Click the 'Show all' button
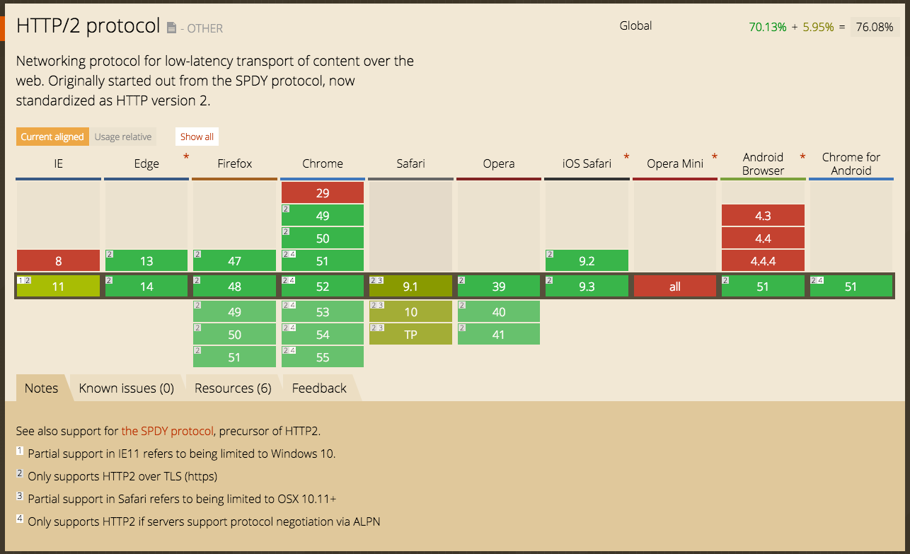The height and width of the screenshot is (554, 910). (x=197, y=137)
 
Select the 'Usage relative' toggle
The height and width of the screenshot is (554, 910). (x=123, y=137)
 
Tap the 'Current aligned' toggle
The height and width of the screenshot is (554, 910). (x=52, y=137)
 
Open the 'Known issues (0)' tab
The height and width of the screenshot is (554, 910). (x=126, y=388)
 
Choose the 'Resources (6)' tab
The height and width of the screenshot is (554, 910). (x=233, y=388)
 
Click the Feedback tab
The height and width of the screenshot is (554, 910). (x=319, y=388)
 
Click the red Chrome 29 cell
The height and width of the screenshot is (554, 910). (x=323, y=193)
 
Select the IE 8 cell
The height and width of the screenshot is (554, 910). (x=58, y=261)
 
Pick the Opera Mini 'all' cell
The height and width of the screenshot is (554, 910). (x=674, y=287)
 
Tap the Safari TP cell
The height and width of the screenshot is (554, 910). (x=410, y=335)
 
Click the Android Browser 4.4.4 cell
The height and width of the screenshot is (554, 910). (x=763, y=261)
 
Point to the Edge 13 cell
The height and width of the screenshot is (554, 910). (x=146, y=261)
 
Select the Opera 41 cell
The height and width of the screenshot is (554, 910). (x=499, y=335)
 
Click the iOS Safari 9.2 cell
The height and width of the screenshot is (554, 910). (x=587, y=261)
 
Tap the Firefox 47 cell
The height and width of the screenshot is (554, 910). (x=234, y=261)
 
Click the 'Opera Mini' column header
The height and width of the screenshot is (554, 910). (x=674, y=163)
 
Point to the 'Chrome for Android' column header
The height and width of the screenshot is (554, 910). (x=851, y=163)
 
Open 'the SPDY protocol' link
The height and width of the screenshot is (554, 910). (x=167, y=431)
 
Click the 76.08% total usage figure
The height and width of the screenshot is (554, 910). (x=874, y=27)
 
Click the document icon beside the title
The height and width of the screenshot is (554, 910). (x=171, y=28)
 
